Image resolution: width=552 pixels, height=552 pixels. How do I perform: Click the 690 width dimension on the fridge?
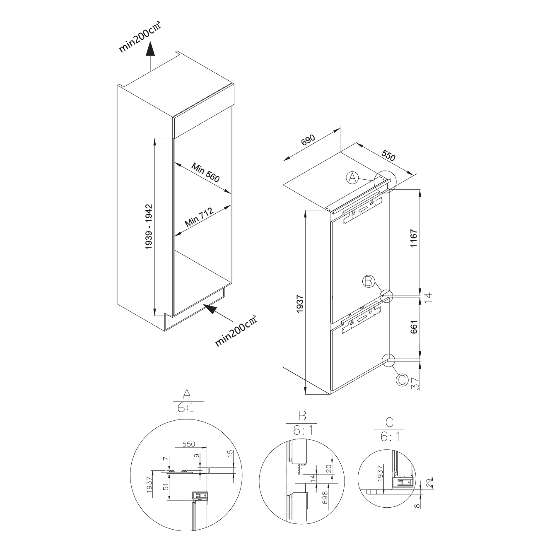click(308, 140)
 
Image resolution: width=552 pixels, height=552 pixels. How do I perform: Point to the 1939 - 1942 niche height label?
click(148, 227)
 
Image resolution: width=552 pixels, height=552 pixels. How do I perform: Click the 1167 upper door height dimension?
click(414, 239)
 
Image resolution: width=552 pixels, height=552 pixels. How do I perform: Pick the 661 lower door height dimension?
click(414, 327)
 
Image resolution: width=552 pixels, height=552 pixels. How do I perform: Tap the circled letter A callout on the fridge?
click(352, 178)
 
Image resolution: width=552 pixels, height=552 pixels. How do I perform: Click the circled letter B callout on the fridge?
click(369, 281)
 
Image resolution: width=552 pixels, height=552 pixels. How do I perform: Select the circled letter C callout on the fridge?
click(402, 380)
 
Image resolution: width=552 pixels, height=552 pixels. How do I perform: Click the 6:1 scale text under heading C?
click(390, 437)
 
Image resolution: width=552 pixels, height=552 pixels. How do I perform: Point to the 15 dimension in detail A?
click(231, 453)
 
